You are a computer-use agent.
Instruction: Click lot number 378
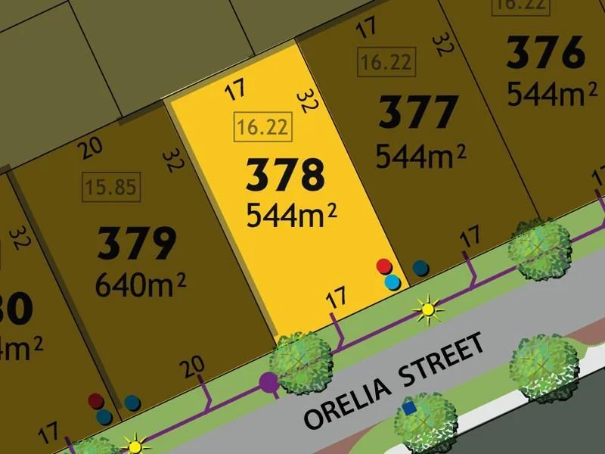pos(285,175)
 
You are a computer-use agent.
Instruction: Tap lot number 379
pos(137,244)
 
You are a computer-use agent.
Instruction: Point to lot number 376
pos(546,54)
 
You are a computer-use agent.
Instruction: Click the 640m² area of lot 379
pos(141,285)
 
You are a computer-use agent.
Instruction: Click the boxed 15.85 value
pos(111,186)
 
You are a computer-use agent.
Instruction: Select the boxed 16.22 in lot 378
pos(262,126)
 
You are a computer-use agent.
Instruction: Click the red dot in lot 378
pos(384,266)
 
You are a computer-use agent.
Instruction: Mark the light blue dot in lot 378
pos(392,282)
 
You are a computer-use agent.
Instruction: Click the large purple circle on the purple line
pos(268,383)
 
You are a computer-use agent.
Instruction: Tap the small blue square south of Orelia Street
pos(409,408)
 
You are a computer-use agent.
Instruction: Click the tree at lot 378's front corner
pos(302,358)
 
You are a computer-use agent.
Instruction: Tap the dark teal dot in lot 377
pos(420,267)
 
